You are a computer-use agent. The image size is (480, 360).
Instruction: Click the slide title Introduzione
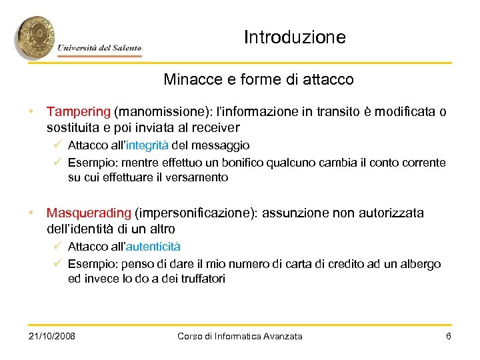click(295, 37)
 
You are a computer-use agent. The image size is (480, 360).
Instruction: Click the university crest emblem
click(35, 37)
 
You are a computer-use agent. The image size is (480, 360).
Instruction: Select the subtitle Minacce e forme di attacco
click(259, 79)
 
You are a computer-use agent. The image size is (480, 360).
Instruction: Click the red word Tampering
click(78, 111)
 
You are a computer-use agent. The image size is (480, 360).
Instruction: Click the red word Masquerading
click(89, 213)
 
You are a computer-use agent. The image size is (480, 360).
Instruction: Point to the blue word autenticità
click(153, 247)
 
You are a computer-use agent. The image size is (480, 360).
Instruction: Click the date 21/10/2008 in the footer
click(52, 336)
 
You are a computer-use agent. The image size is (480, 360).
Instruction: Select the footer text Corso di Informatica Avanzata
click(240, 336)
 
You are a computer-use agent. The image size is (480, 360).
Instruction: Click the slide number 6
click(449, 336)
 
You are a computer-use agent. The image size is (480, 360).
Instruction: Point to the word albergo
click(421, 263)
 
